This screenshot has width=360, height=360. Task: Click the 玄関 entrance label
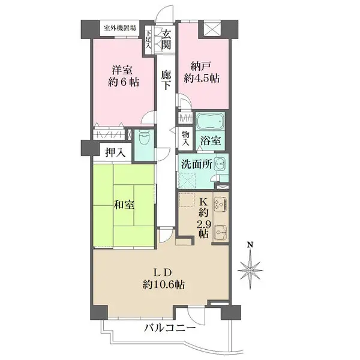(165, 40)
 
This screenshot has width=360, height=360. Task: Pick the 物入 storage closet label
(186, 139)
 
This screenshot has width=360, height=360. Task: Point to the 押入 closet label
(115, 152)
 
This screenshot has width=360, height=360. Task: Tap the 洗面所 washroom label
(196, 163)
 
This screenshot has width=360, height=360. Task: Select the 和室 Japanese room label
(124, 205)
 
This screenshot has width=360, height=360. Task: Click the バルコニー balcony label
(169, 328)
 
